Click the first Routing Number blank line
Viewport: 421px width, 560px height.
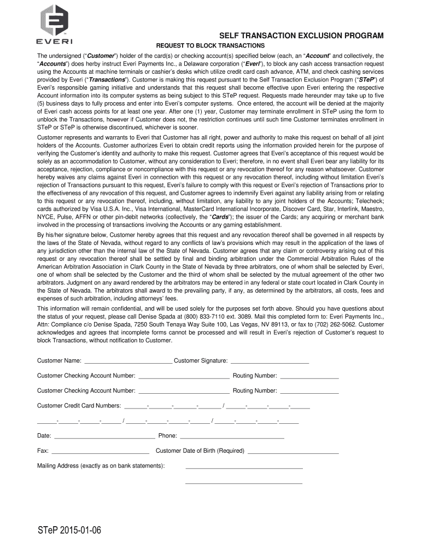309,377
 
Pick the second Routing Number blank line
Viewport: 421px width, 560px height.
309,392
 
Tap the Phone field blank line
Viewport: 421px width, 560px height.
232,437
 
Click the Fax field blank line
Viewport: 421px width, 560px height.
100,452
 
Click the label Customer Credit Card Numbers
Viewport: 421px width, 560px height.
79,406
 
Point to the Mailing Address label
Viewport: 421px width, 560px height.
101,466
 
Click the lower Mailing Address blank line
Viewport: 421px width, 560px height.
244,482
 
